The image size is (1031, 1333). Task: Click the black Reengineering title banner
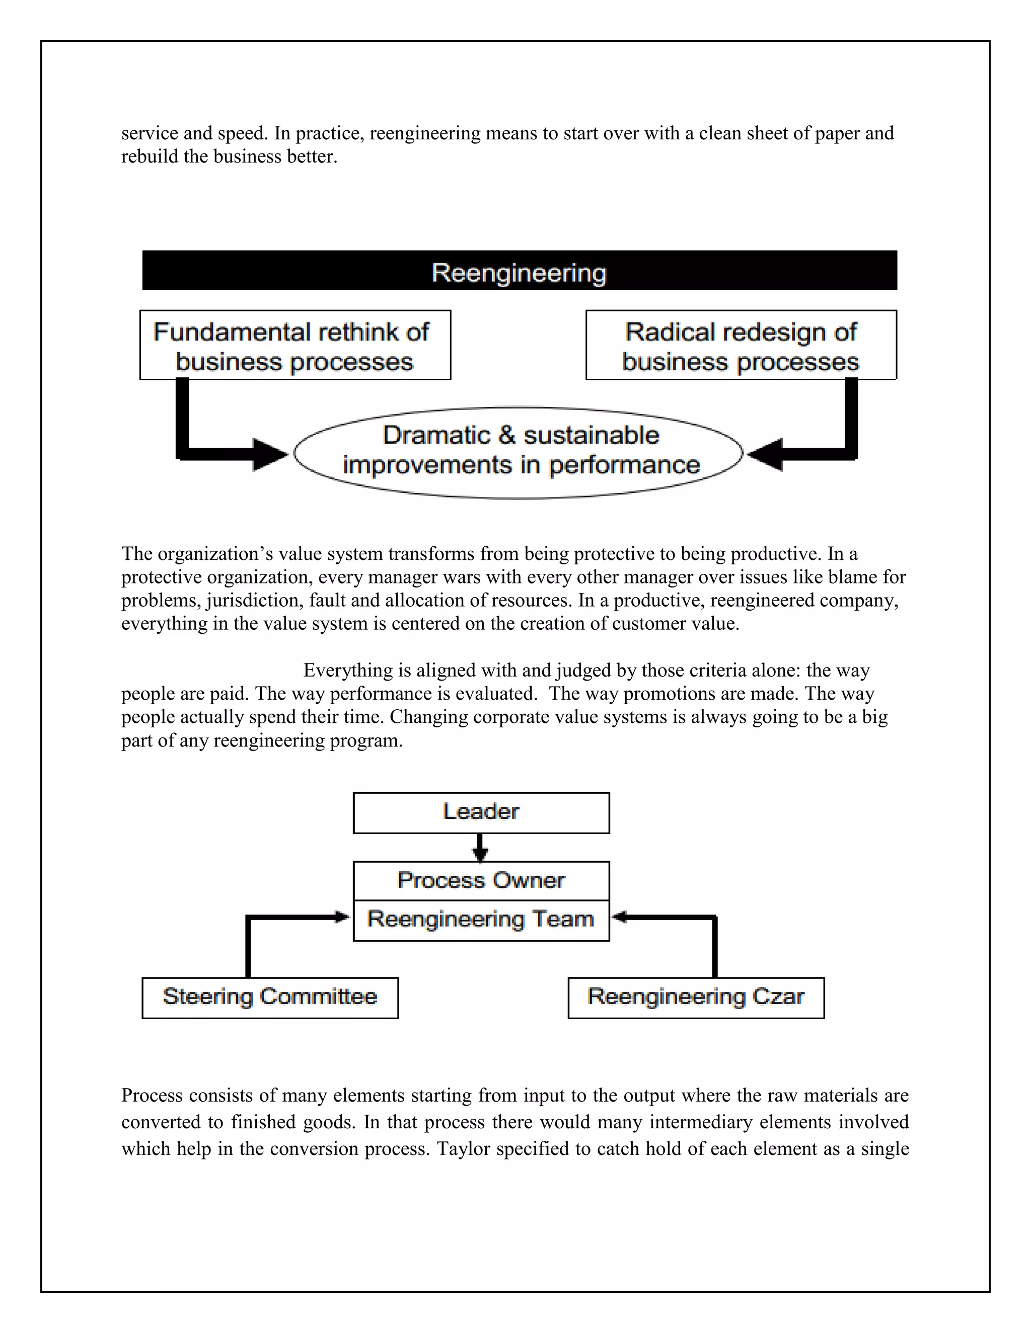click(519, 271)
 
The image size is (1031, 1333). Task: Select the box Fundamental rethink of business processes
click(295, 346)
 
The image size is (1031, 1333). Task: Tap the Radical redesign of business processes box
click(741, 346)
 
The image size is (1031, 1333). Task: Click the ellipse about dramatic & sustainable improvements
click(519, 452)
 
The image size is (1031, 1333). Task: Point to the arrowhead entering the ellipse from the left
click(270, 454)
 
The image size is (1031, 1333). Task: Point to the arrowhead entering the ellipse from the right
click(765, 454)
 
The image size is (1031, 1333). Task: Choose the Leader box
click(481, 812)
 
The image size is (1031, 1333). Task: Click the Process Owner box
click(481, 880)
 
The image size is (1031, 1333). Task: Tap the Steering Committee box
click(270, 997)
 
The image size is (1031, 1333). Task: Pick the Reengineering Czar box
click(696, 997)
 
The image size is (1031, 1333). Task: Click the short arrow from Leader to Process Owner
click(481, 848)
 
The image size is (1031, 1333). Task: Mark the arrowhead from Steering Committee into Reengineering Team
click(341, 917)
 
